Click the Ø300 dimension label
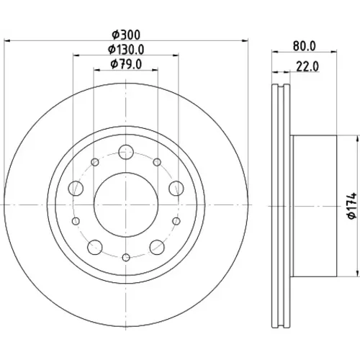point(126,35)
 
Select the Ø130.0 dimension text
point(126,50)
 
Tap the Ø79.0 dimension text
point(126,64)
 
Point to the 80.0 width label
point(305,46)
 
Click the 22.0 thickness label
point(307,66)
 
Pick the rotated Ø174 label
point(352,205)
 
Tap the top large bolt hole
point(126,152)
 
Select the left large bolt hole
point(76,189)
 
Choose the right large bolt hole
point(176,189)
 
